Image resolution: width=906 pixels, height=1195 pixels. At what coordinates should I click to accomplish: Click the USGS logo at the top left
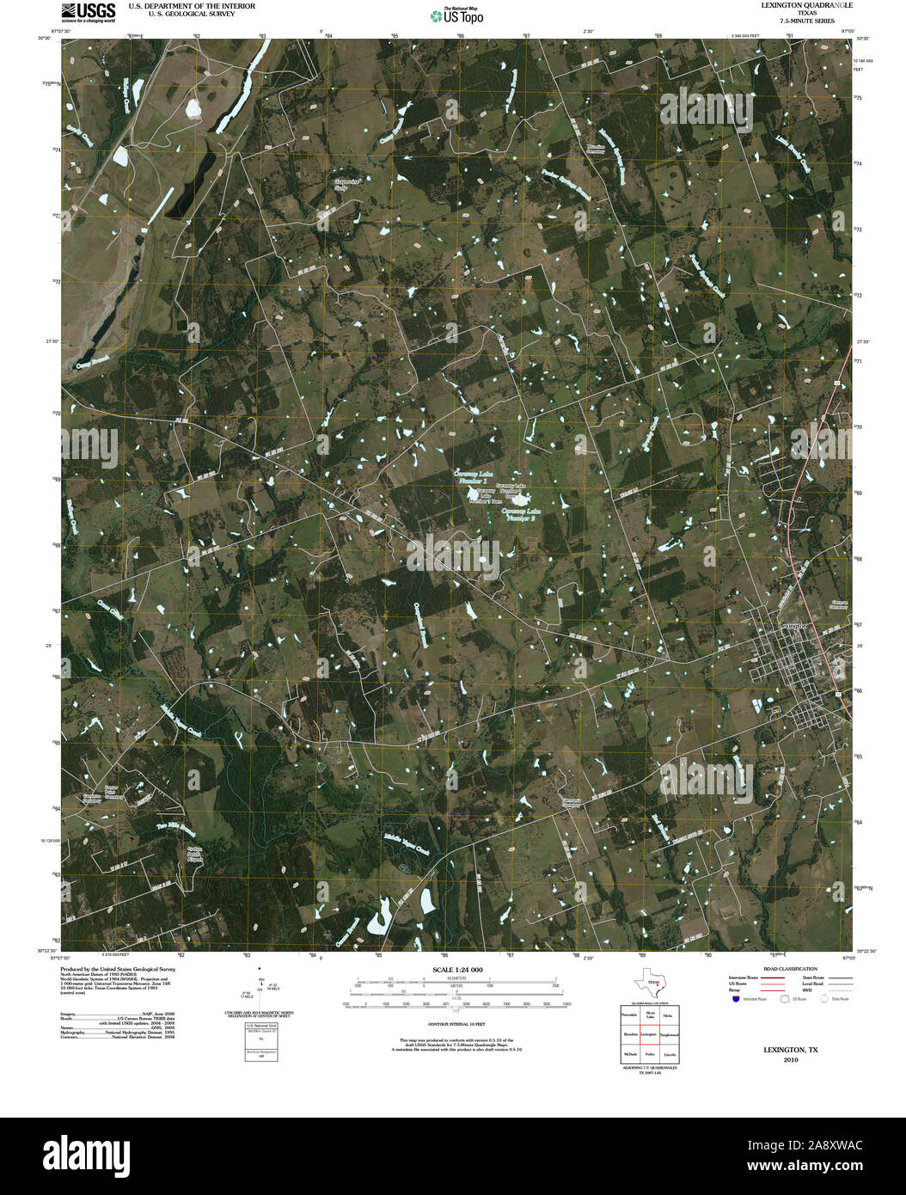coord(89,11)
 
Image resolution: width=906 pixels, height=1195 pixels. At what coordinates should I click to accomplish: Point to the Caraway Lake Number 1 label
coord(474,477)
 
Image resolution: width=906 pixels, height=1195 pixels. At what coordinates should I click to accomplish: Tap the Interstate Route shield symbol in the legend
coord(736,999)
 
